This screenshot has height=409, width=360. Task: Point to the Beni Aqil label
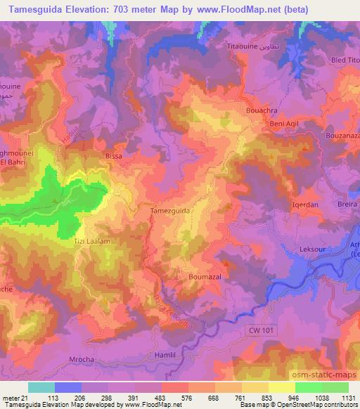coord(266,124)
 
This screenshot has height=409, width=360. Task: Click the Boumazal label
coord(205,278)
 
